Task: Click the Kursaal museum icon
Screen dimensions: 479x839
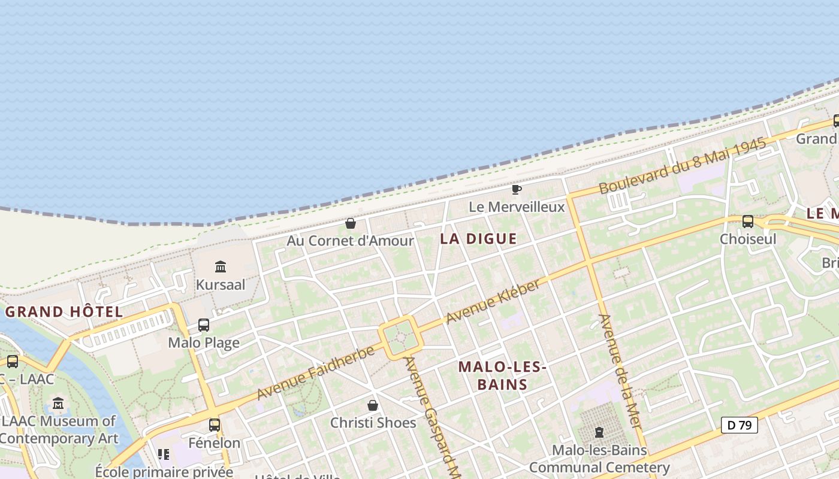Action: (x=221, y=266)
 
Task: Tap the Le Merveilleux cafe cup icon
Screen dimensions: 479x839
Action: (x=516, y=190)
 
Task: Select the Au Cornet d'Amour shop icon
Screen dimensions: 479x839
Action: (x=351, y=223)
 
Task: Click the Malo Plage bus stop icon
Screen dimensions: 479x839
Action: (x=204, y=325)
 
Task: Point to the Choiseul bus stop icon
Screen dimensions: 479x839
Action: (x=748, y=222)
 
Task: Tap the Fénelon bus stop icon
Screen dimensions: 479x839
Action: (x=214, y=425)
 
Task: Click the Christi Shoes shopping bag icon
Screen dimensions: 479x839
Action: (x=373, y=405)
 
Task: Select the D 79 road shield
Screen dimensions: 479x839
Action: (x=740, y=425)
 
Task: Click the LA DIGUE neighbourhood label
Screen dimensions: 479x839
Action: (x=478, y=239)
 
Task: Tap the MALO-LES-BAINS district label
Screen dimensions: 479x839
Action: (x=502, y=375)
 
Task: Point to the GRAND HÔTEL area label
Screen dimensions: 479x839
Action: (x=64, y=312)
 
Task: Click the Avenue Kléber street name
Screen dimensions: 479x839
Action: (x=493, y=301)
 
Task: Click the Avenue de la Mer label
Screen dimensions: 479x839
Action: (x=620, y=371)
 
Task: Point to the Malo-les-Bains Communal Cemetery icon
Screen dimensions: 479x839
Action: (x=599, y=432)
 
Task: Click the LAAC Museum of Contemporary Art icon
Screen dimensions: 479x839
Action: (x=58, y=404)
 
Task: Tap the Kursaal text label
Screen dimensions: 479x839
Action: (x=221, y=284)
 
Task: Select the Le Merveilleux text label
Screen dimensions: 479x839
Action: (x=517, y=207)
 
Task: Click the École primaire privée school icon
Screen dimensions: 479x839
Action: (x=164, y=454)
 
